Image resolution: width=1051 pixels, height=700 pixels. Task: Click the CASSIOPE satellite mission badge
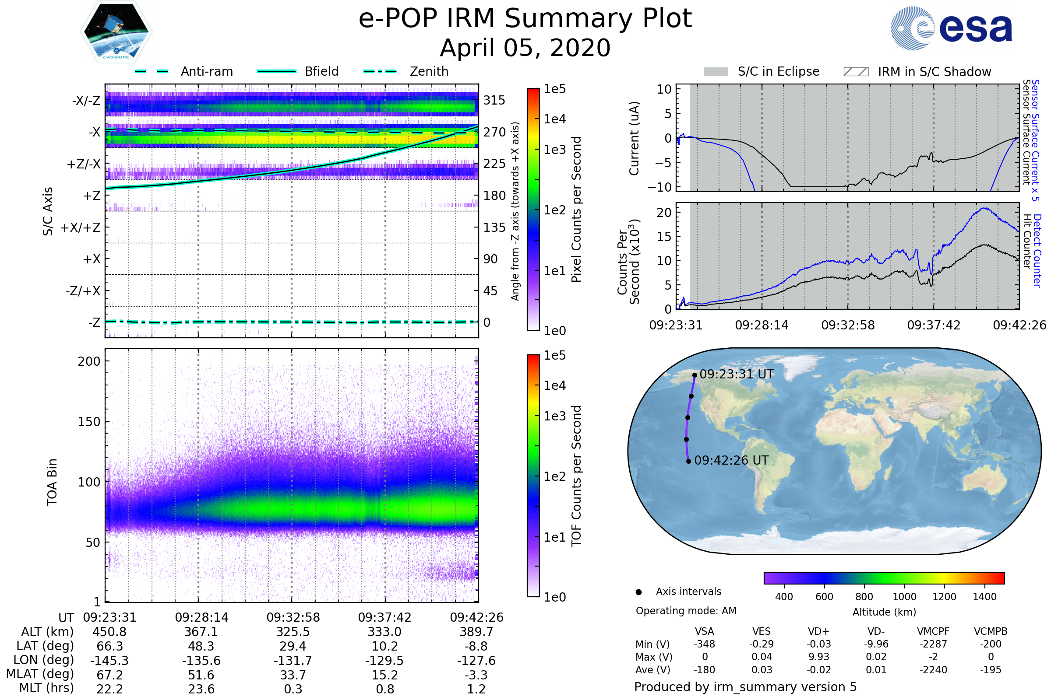pos(116,31)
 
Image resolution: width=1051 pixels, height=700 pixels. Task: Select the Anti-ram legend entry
pos(183,71)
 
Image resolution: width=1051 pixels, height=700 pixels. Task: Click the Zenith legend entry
pos(406,71)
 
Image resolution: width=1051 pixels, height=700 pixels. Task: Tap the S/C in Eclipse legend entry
pos(762,71)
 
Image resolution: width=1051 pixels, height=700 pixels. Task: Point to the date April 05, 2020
pos(525,48)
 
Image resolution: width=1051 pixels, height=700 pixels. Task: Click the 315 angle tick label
pos(494,100)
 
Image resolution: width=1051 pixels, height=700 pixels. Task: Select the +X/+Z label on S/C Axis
pos(81,227)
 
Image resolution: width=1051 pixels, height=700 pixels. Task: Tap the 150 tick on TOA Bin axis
pos(89,421)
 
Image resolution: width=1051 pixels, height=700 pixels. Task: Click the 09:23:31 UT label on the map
pos(737,374)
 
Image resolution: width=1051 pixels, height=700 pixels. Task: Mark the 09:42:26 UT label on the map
pos(731,460)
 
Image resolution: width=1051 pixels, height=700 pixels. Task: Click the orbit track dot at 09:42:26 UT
pos(688,461)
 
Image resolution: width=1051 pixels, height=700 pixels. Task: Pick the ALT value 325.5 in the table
pos(293,632)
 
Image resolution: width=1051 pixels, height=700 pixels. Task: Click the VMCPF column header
pos(933,631)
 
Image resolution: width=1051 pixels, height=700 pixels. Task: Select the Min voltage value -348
pos(704,644)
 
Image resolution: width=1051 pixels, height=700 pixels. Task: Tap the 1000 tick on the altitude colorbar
pos(904,597)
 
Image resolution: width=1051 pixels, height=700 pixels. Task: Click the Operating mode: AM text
pos(686,611)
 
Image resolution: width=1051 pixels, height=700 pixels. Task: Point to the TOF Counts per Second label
pos(576,476)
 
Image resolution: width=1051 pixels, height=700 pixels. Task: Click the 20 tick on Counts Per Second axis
pos(664,212)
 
